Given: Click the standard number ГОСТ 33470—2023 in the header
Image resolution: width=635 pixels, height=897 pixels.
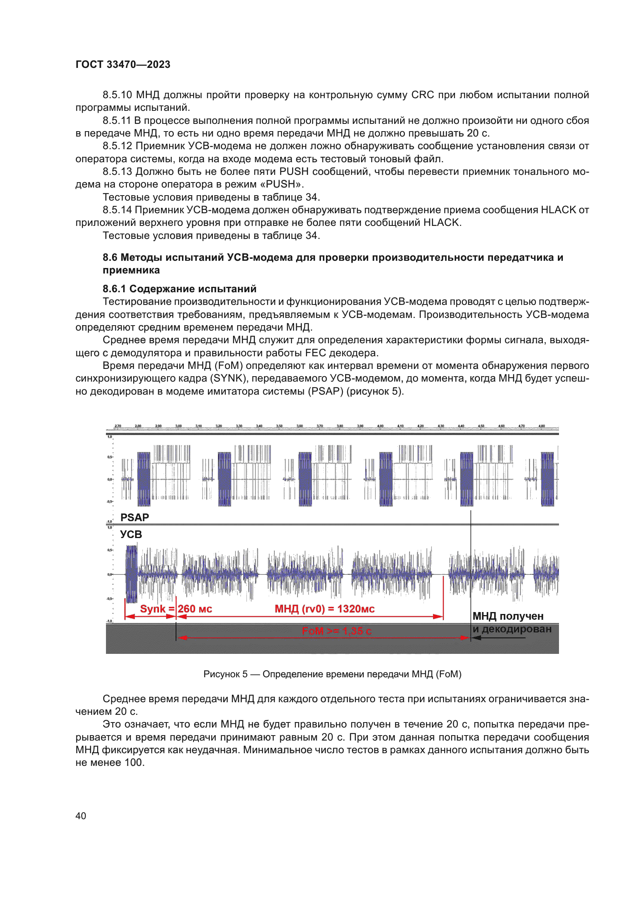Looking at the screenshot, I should (x=123, y=64).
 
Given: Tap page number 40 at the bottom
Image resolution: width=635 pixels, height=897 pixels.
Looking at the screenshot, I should (x=81, y=816).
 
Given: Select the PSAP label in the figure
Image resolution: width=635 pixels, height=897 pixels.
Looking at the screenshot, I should (x=134, y=517).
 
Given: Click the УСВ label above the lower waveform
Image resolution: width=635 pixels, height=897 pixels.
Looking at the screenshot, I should (x=131, y=534).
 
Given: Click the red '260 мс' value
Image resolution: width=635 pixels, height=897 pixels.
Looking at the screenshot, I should (x=195, y=609).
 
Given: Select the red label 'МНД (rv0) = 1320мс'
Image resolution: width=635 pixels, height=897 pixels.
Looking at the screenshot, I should (x=324, y=609).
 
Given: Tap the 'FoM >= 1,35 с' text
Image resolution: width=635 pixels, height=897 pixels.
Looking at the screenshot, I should (x=336, y=631).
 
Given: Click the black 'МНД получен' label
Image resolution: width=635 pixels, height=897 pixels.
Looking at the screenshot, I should (x=508, y=616).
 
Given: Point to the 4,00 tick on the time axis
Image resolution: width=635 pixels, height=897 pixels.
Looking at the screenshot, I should (x=380, y=426).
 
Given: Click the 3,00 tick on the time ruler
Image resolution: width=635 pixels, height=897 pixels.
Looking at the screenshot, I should (x=178, y=426).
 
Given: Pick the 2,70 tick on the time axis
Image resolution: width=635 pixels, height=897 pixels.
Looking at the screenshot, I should (x=118, y=426).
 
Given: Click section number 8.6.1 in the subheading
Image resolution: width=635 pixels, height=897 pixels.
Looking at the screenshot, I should (x=114, y=289).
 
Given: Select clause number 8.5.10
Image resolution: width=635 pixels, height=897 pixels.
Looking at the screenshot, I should (x=117, y=95).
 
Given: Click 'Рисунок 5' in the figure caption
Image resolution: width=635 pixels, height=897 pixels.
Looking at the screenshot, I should (x=225, y=674).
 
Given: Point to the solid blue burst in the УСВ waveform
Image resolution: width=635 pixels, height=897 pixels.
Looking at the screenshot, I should (x=131, y=574).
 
